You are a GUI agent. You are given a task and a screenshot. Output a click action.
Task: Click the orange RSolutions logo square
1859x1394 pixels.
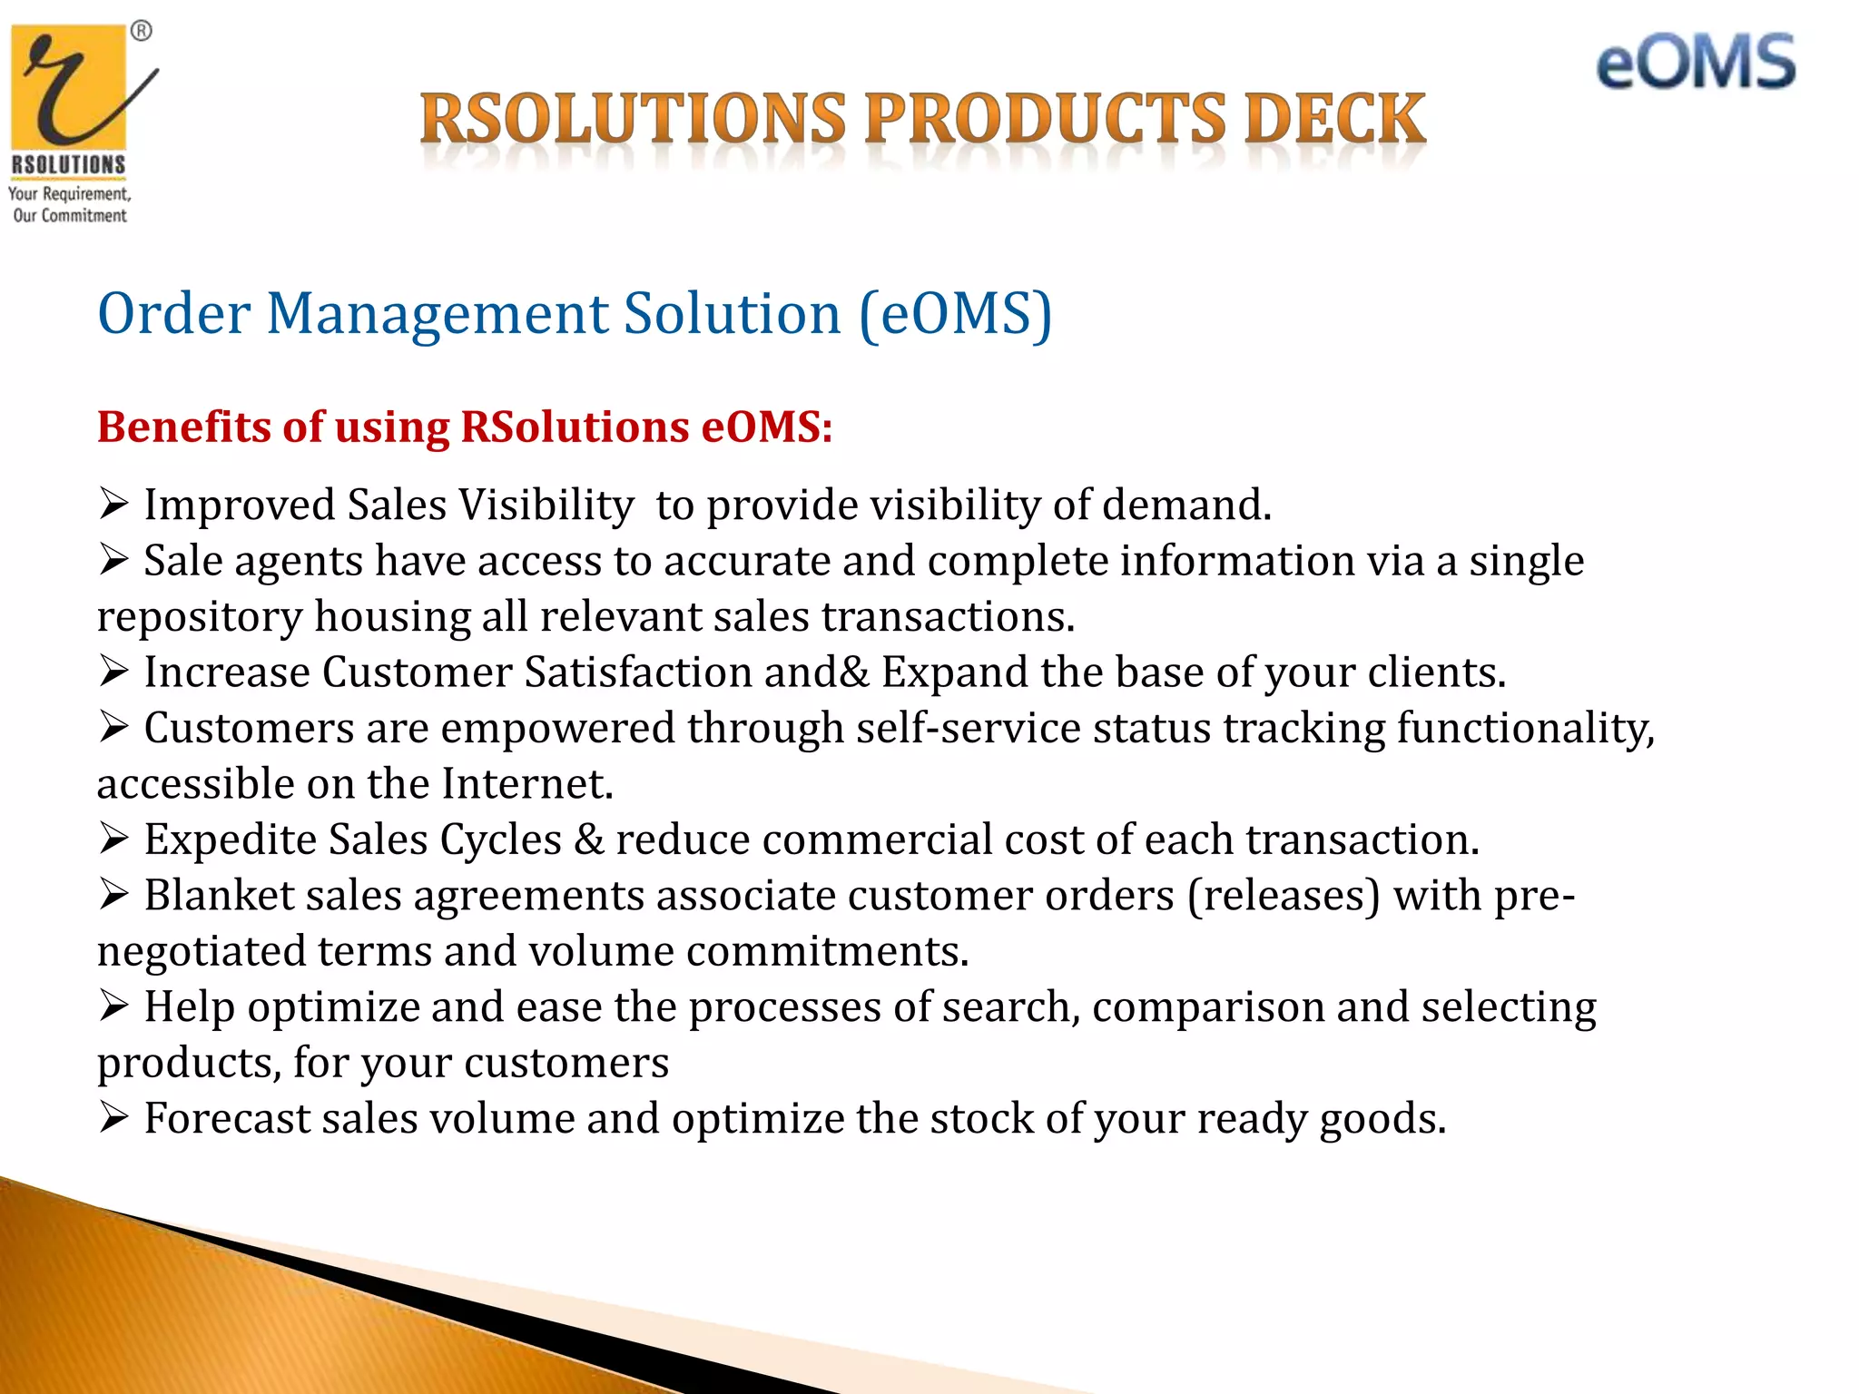coord(69,87)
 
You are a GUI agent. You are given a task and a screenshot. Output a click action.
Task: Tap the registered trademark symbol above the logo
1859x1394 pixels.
coord(142,32)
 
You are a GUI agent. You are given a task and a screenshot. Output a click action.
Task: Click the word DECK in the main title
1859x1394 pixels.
coord(1334,120)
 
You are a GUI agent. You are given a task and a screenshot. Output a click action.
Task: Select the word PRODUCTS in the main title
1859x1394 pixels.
coord(1046,120)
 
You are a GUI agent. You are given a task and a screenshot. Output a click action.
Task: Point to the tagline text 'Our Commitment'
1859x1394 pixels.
coord(70,216)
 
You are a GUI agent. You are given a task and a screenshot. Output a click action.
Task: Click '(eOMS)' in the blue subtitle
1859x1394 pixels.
coord(955,314)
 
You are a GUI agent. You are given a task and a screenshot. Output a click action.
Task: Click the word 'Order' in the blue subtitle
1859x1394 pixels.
coord(173,314)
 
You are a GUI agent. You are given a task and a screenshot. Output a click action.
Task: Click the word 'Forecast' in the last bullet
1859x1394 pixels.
coord(227,1118)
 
